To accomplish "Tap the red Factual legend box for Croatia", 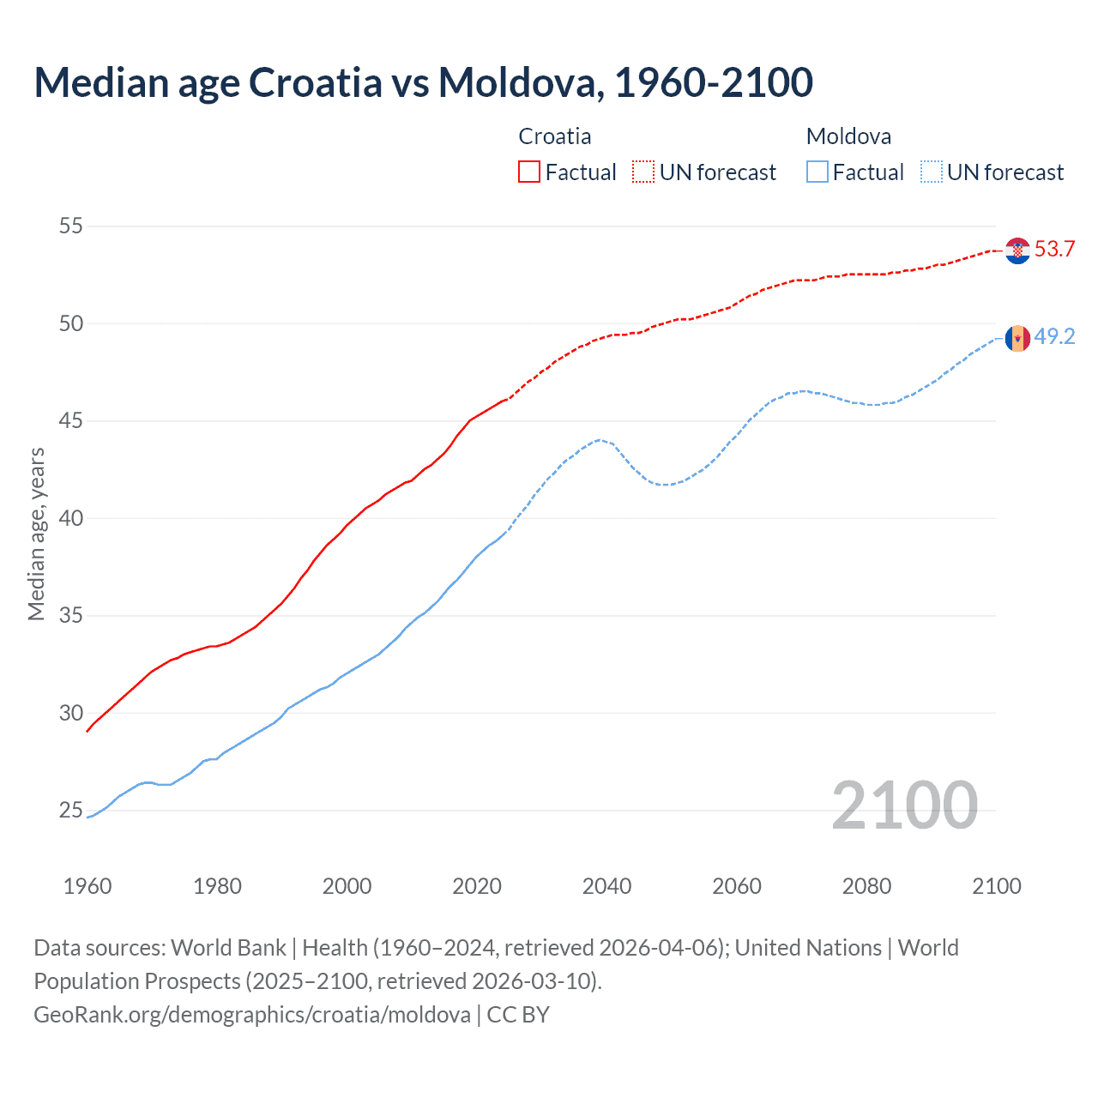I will pyautogui.click(x=529, y=172).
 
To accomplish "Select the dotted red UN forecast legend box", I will pyautogui.click(x=643, y=172).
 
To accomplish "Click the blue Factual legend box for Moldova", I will pyautogui.click(x=817, y=172).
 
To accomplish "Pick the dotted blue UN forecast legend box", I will pyautogui.click(x=932, y=172).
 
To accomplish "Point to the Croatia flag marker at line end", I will pyautogui.click(x=1017, y=250).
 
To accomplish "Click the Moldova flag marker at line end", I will pyautogui.click(x=1017, y=338).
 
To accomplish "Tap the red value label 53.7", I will pyautogui.click(x=1054, y=250).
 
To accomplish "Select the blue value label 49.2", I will pyautogui.click(x=1054, y=337).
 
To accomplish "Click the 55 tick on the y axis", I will pyautogui.click(x=71, y=226).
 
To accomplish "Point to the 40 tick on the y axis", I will pyautogui.click(x=71, y=518).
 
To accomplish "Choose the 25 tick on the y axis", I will pyautogui.click(x=71, y=811).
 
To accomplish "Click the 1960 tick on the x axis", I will pyautogui.click(x=87, y=886).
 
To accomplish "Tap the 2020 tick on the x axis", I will pyautogui.click(x=477, y=886).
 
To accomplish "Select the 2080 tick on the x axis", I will pyautogui.click(x=866, y=886).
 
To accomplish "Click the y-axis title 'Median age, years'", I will pyautogui.click(x=36, y=534).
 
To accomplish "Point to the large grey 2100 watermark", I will pyautogui.click(x=904, y=805).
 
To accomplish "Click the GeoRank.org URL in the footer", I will pyautogui.click(x=252, y=1015).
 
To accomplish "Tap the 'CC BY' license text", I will pyautogui.click(x=518, y=1015).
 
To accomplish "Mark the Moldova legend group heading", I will pyautogui.click(x=848, y=136).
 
